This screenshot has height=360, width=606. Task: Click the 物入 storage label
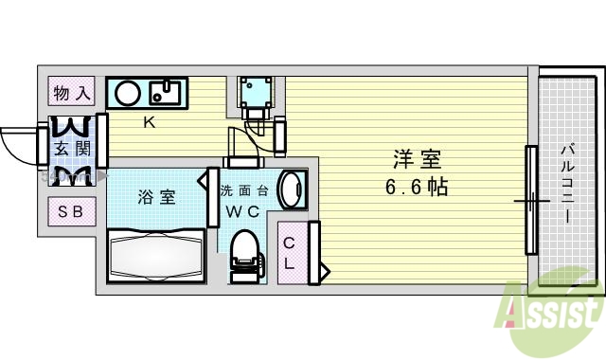click(x=72, y=93)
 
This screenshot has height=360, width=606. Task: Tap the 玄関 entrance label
click(x=72, y=148)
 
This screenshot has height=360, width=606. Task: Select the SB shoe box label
click(x=72, y=210)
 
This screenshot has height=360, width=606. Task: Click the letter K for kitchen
click(x=149, y=121)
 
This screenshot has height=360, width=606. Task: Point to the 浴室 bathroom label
click(x=156, y=197)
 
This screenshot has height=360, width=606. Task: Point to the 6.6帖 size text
click(x=417, y=187)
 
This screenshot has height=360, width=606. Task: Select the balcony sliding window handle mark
click(x=532, y=201)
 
